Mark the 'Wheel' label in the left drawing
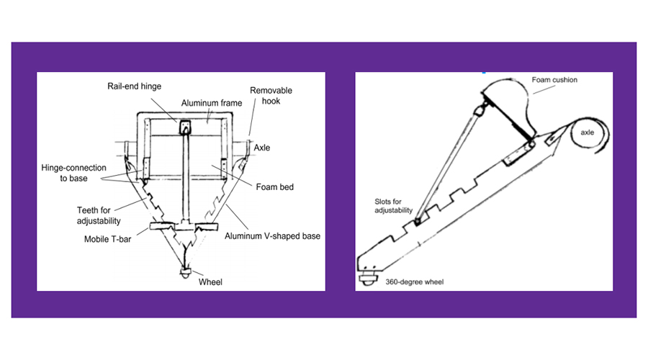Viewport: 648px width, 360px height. [x=210, y=282]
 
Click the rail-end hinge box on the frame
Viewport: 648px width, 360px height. [x=185, y=128]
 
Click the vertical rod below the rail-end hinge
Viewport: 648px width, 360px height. [x=185, y=180]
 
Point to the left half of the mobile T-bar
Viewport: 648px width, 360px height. [x=162, y=228]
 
